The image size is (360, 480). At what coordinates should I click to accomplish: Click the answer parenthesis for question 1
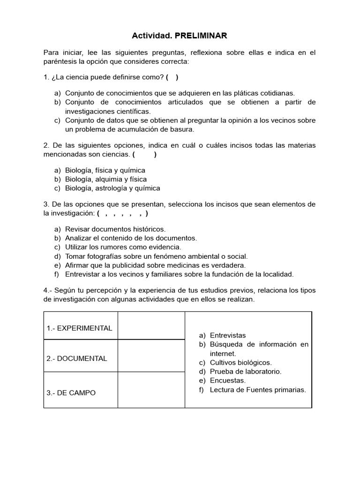click(172, 77)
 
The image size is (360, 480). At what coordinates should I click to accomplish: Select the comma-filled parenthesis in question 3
click(123, 213)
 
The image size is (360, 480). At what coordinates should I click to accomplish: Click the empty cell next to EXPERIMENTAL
click(151, 326)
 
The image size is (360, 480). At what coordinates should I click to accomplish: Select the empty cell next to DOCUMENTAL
click(151, 356)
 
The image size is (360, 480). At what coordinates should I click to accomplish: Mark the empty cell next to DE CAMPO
click(151, 390)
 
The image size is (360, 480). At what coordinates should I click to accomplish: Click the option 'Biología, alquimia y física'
click(105, 179)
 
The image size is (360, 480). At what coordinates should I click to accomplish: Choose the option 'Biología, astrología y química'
click(112, 188)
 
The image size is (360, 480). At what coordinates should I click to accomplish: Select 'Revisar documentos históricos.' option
click(115, 229)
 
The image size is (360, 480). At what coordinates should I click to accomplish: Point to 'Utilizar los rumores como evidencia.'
click(123, 247)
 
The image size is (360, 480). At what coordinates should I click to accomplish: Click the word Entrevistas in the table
click(228, 335)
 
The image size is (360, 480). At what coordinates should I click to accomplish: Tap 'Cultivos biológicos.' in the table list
click(240, 362)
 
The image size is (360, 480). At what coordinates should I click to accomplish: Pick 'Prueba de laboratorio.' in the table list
click(246, 371)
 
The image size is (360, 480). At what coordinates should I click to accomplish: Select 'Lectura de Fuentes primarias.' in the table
click(258, 389)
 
